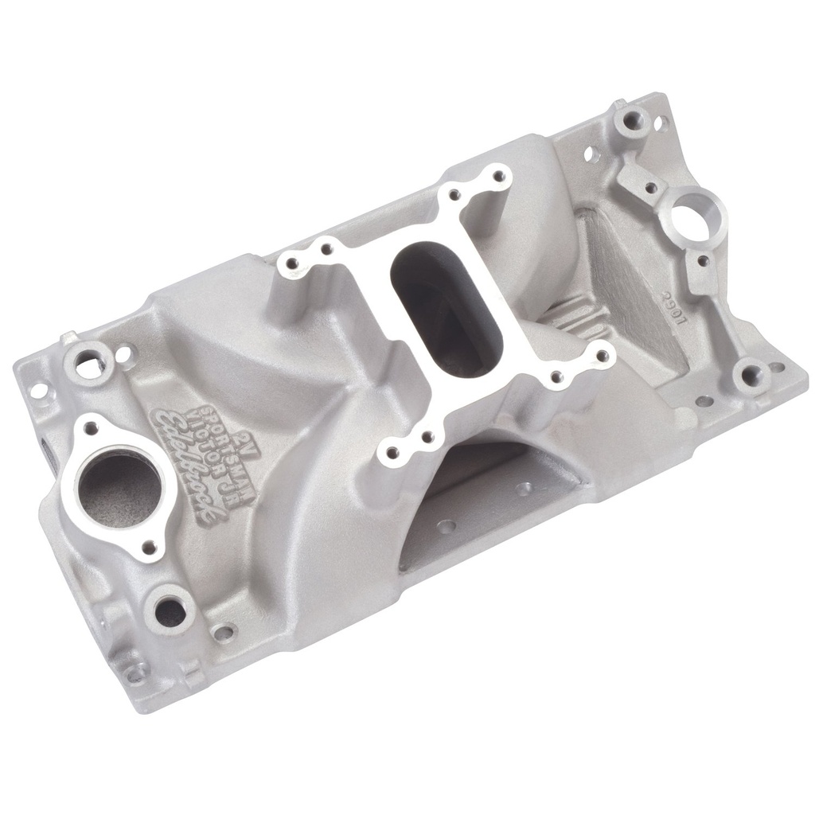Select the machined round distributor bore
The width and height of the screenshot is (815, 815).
[700, 212]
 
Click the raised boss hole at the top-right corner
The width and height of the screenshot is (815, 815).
[634, 122]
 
